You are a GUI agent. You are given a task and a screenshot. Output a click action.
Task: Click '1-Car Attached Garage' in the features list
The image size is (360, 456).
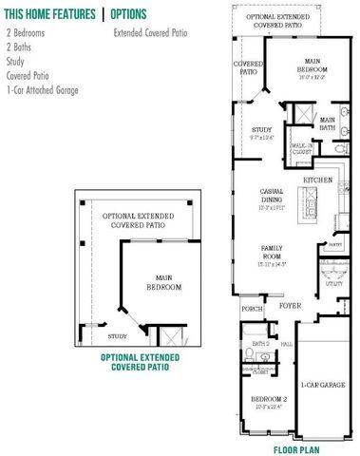pos(42,90)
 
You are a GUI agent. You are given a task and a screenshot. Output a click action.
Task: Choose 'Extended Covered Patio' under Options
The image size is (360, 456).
pos(148,33)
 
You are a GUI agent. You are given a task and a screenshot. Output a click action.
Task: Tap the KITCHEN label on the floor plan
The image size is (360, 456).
pos(317,180)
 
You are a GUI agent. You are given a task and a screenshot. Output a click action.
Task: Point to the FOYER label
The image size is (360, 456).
pos(289,307)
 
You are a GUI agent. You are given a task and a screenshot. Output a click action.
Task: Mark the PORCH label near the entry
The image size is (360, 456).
pos(252,309)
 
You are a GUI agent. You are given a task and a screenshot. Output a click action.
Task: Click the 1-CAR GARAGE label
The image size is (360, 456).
pos(323,386)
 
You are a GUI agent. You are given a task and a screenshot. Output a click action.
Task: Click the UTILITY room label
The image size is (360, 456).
pos(334,284)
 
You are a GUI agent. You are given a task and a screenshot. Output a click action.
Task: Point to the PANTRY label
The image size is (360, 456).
pos(334,244)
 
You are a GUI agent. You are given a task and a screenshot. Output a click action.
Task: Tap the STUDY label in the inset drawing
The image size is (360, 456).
pos(118,335)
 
